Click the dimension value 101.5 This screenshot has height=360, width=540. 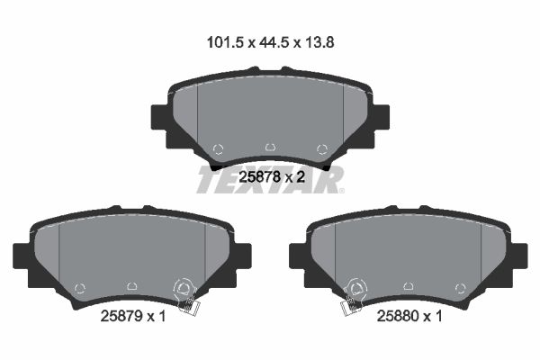coord(225,42)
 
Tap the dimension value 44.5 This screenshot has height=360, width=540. coord(274,42)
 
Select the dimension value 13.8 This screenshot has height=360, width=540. coord(319,42)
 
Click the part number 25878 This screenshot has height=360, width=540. coord(259,177)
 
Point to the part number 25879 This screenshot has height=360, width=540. coord(121,316)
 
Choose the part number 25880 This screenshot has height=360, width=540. coord(398,316)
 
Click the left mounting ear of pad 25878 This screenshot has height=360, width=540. coord(159,118)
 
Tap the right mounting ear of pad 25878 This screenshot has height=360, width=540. coord(382,118)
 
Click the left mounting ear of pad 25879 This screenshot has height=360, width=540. coord(22,256)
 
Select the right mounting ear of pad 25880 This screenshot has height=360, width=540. coord(519,256)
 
